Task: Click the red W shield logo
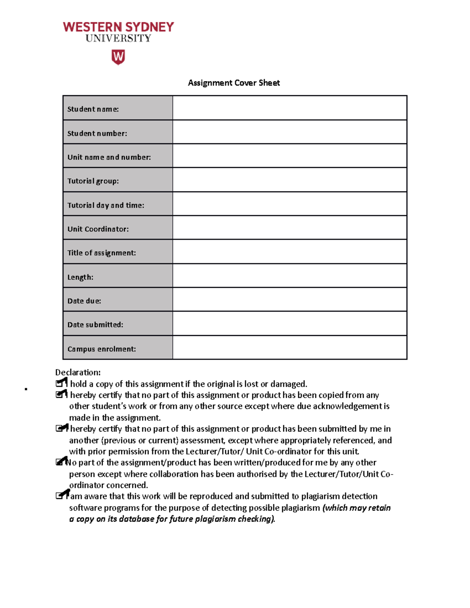[x=118, y=57]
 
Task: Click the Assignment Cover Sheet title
[x=234, y=83]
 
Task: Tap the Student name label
[x=93, y=109]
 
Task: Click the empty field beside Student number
[x=289, y=132]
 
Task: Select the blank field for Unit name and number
[x=289, y=156]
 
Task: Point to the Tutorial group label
[x=93, y=181]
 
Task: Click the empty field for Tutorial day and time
[x=289, y=204]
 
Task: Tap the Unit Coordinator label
[x=98, y=229]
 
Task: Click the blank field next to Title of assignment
[x=289, y=252]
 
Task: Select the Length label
[x=80, y=277]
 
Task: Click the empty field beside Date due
[x=289, y=299]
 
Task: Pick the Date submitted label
[x=95, y=325]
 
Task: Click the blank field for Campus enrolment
[x=289, y=347]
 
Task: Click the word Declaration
[x=78, y=372]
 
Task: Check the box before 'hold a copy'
[x=60, y=383]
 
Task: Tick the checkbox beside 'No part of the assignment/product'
[x=60, y=462]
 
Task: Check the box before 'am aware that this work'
[x=60, y=496]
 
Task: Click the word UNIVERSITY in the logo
[x=118, y=38]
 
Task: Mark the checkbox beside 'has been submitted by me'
[x=60, y=428]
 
